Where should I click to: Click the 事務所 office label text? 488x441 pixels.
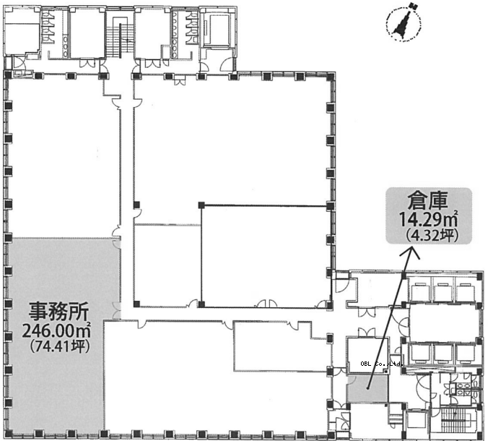58,312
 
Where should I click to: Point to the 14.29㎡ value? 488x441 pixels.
429,219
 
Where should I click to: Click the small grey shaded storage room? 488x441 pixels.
367,388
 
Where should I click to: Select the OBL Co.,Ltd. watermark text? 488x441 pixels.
382,364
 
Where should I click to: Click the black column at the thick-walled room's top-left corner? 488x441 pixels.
201,205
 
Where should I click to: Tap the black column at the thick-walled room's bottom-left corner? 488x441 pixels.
201,304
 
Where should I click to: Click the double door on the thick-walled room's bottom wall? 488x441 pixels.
266,304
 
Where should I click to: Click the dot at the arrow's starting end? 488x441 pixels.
367,388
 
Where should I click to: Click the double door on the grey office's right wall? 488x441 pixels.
117,311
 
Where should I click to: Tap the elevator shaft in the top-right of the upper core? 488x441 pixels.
217,29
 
